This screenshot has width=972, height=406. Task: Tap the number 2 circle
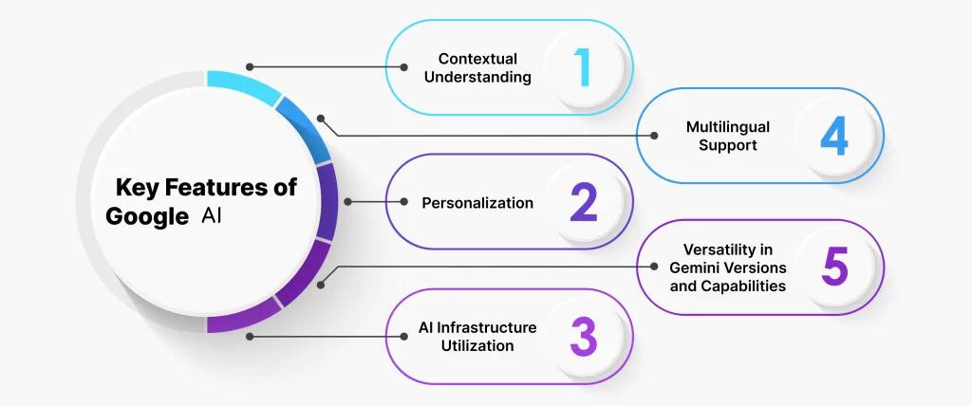point(583,202)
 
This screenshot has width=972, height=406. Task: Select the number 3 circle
point(583,336)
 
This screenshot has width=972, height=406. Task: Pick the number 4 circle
point(834,137)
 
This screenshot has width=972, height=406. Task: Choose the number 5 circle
point(834,268)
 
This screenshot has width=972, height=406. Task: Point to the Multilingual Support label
point(728,137)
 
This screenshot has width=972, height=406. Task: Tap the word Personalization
point(477,202)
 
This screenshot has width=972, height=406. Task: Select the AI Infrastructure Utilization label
point(477,336)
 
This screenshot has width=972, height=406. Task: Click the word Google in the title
point(147,216)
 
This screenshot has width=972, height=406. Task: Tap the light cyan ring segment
point(242,84)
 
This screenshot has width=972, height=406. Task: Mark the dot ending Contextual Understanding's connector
point(250,67)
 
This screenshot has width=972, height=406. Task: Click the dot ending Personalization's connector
point(348,202)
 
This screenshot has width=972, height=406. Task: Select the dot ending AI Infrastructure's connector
point(250,336)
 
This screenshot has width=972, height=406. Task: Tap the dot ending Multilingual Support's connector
point(321,120)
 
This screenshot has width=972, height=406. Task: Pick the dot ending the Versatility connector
point(321,283)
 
